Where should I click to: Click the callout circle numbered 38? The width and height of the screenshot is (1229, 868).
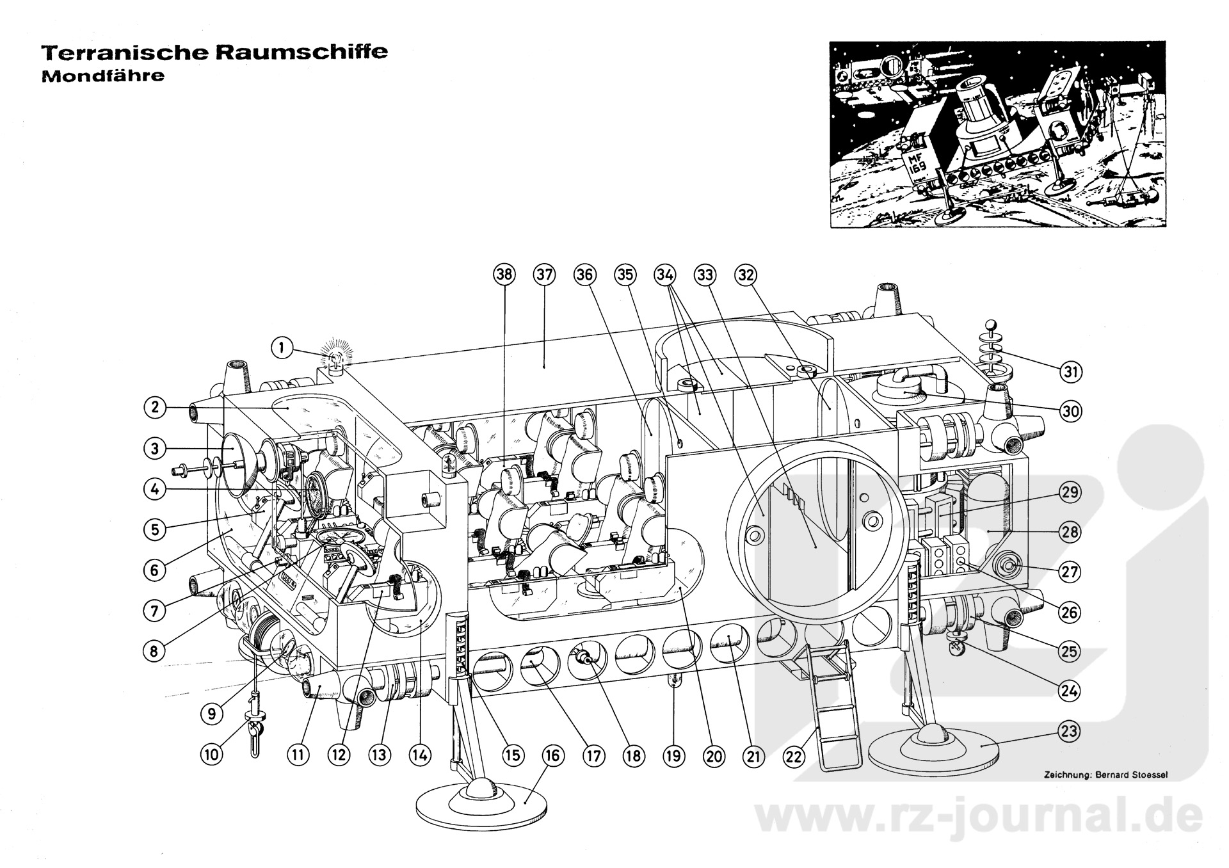pyautogui.click(x=504, y=275)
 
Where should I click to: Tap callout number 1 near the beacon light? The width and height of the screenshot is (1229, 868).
pyautogui.click(x=282, y=349)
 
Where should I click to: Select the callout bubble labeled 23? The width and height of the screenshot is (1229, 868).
pyautogui.click(x=1069, y=730)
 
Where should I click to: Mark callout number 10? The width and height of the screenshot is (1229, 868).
pyautogui.click(x=212, y=755)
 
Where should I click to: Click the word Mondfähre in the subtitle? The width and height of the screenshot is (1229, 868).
pyautogui.click(x=103, y=76)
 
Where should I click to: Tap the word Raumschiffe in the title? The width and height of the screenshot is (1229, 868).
pyautogui.click(x=301, y=52)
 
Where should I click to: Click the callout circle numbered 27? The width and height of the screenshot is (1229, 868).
pyautogui.click(x=1070, y=572)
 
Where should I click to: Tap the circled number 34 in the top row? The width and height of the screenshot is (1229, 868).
pyautogui.click(x=665, y=275)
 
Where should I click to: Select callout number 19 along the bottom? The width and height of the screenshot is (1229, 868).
pyautogui.click(x=673, y=756)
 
